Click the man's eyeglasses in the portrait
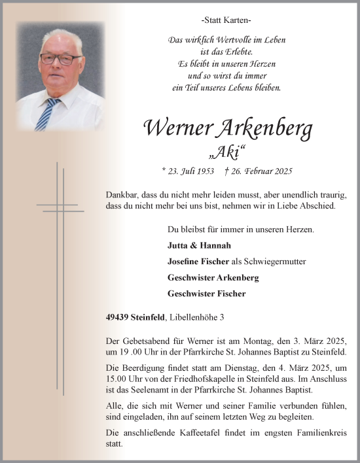point(61,58)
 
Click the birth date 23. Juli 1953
point(189,171)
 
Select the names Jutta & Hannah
point(190,246)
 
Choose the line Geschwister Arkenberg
point(213,277)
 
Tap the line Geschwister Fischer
point(206,294)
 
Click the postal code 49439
point(118,317)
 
